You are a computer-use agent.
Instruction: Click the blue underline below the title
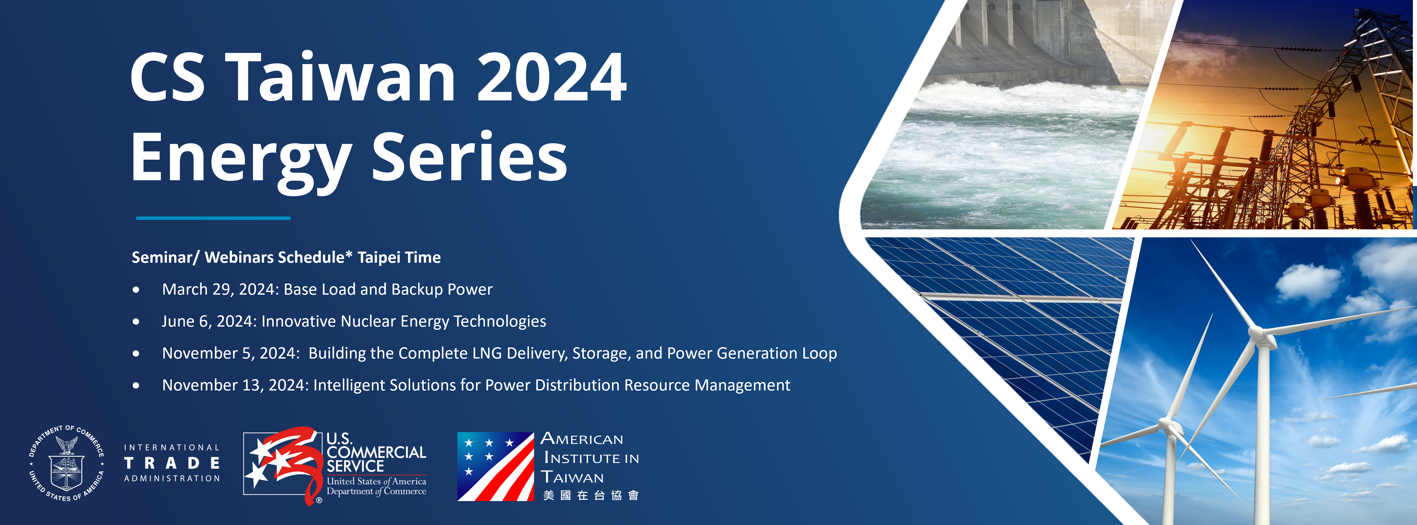coord(213,218)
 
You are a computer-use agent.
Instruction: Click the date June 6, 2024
coord(209,321)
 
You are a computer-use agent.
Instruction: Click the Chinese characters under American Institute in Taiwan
coord(590,495)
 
